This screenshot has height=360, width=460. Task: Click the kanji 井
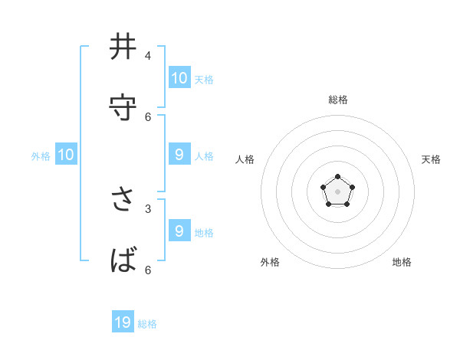click(x=123, y=47)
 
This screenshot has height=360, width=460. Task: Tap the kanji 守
click(x=123, y=108)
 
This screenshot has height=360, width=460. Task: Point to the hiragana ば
click(x=124, y=260)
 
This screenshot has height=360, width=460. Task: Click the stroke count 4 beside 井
click(x=147, y=56)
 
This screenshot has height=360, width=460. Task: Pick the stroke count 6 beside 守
click(x=148, y=116)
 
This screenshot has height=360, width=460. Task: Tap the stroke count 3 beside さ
click(x=148, y=208)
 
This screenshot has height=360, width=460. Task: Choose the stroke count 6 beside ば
click(x=148, y=270)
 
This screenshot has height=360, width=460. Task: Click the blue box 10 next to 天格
click(x=179, y=77)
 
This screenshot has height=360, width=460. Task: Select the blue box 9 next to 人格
click(x=179, y=154)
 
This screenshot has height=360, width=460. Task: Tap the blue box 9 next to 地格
click(x=179, y=231)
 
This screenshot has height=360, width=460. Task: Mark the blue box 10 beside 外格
click(x=66, y=155)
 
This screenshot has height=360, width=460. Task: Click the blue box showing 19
click(x=123, y=322)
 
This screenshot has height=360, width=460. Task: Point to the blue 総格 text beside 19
click(x=148, y=324)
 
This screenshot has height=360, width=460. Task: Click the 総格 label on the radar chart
click(x=338, y=100)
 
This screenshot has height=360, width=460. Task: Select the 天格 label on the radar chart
click(x=431, y=159)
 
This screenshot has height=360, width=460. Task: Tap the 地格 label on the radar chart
click(x=402, y=262)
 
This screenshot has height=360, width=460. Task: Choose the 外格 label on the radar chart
click(x=270, y=262)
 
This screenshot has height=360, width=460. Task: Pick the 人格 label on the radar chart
click(x=245, y=159)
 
